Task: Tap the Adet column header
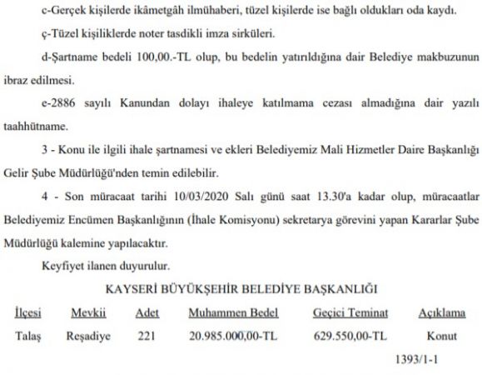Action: coord(147,316)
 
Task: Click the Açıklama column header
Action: coord(440,316)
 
